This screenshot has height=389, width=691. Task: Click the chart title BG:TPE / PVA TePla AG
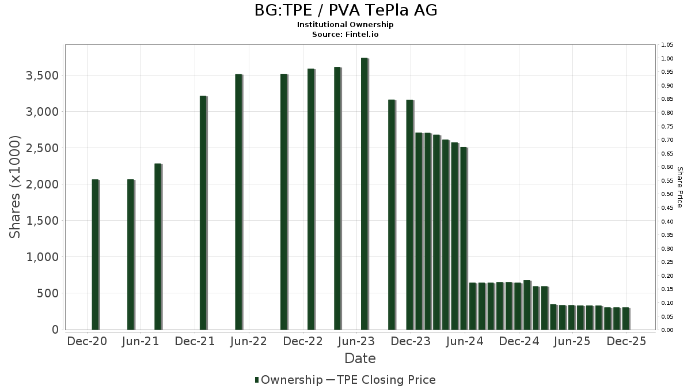tap(345, 10)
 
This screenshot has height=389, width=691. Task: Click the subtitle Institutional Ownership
tap(345, 25)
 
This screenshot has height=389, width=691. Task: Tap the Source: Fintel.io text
tap(345, 34)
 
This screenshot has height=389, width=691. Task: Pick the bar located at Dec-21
tap(203, 213)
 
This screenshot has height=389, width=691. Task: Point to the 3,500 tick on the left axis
tap(42, 75)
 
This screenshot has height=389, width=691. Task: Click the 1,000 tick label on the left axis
tap(42, 257)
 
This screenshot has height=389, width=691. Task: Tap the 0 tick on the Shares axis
tap(55, 330)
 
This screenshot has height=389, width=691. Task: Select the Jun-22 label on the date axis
tap(248, 341)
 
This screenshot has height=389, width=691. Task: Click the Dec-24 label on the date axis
tap(519, 341)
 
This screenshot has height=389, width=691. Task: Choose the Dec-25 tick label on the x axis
tap(627, 341)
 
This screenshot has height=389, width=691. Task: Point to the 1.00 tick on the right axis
tap(667, 59)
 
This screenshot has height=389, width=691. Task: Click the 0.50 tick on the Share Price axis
tap(667, 194)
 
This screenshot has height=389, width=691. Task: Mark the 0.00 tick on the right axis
tap(667, 330)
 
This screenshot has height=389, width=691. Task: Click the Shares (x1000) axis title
tap(16, 187)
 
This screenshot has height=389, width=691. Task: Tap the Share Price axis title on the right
tap(680, 187)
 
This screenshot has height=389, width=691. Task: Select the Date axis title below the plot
tap(360, 358)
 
